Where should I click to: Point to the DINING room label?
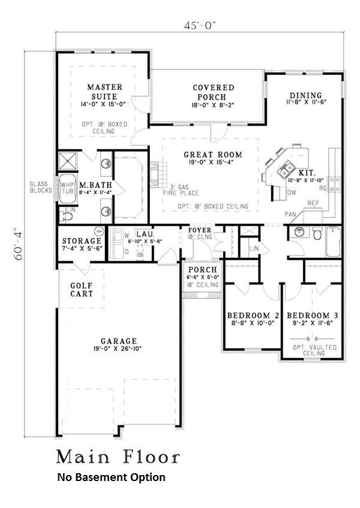(x=305, y=95)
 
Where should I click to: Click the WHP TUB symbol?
(x=65, y=190)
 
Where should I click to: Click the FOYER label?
(x=200, y=230)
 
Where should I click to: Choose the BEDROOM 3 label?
(x=308, y=315)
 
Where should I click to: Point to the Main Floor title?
(x=118, y=458)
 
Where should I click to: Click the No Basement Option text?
(x=111, y=477)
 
